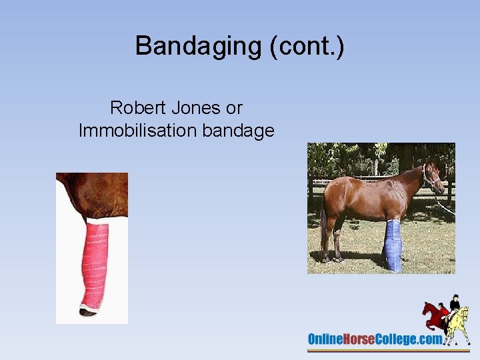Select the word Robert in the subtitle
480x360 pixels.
(136, 107)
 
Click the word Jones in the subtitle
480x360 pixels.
(194, 107)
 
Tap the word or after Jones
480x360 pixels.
(234, 108)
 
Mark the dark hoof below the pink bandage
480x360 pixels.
(87, 311)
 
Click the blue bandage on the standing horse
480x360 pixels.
(393, 245)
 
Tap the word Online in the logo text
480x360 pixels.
(325, 339)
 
